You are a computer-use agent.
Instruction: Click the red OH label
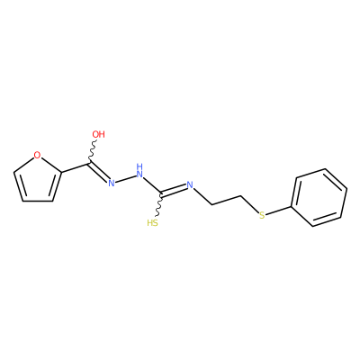point(98,134)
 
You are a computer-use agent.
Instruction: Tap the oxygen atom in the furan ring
point(37,155)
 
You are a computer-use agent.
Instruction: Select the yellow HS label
point(153,223)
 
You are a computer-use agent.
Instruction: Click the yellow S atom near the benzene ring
point(262,215)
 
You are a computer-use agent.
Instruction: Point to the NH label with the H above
point(139,170)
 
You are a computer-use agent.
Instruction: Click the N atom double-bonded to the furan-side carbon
point(112,183)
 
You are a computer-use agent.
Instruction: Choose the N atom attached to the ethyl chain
point(190,184)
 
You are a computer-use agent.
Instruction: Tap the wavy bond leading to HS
point(159,206)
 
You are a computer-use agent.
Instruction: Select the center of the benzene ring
point(319,197)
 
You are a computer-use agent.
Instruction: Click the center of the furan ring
point(36,179)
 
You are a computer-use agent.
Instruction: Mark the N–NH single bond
point(125,179)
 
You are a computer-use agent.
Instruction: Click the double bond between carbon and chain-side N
point(174,191)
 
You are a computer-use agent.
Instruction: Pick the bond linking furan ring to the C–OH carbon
point(76,168)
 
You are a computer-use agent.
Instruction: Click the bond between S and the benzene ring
point(279,211)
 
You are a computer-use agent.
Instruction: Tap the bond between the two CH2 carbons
point(227,201)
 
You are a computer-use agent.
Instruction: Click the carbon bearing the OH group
point(89,164)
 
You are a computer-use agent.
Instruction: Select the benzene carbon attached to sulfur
point(292,207)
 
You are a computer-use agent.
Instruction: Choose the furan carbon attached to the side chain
point(62,173)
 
